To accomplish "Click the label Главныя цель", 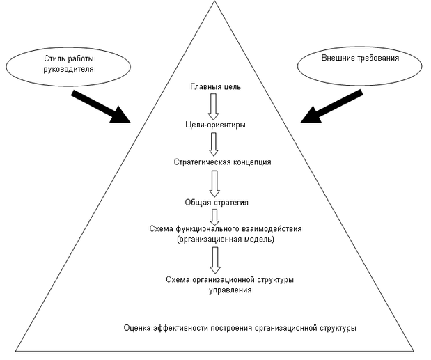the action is click(x=216, y=87).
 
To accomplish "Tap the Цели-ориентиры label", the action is click(x=215, y=125).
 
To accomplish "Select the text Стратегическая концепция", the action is click(x=222, y=162).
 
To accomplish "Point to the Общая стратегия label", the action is click(x=217, y=203).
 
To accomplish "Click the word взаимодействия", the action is click(x=272, y=228).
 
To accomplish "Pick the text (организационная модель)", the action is click(x=226, y=240).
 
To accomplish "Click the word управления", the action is click(x=230, y=290).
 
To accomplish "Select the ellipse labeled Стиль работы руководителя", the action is click(x=68, y=67).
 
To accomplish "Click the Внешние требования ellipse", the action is click(x=359, y=67).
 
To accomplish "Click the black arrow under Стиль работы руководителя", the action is click(x=101, y=107).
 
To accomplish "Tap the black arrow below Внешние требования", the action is click(x=331, y=107).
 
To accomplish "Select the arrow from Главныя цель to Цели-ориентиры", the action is click(x=213, y=107).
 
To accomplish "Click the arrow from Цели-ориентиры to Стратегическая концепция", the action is click(x=213, y=145).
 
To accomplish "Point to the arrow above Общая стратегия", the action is click(x=214, y=184).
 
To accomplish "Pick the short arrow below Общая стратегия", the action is click(x=214, y=217).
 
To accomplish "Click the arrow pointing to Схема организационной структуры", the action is click(x=215, y=260).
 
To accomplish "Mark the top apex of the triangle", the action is click(x=214, y=1).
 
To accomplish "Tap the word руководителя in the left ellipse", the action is click(x=68, y=69).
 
